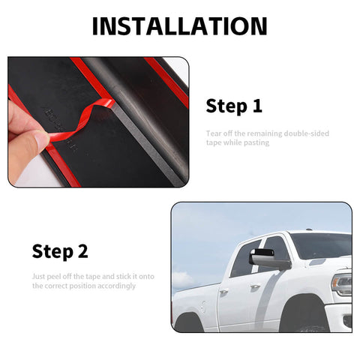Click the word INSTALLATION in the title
(179, 26)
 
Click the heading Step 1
(234, 106)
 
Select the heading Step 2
(60, 251)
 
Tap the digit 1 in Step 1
(257, 106)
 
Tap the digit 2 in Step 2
(83, 251)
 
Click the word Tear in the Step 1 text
(213, 133)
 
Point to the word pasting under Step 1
(256, 142)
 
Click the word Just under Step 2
(39, 276)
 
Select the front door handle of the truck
(255, 286)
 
